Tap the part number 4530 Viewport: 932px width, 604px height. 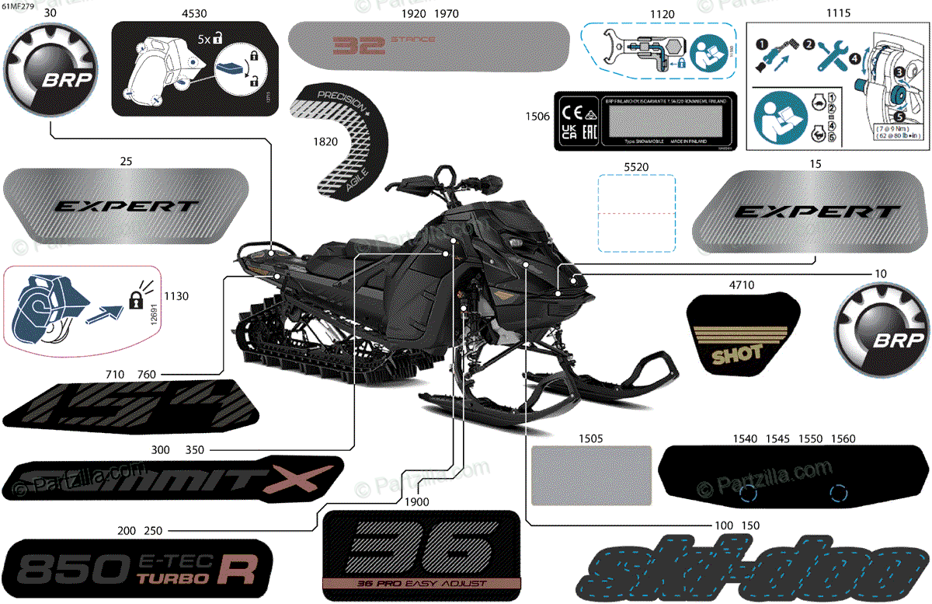point(193,13)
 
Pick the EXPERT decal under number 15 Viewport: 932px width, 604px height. point(815,211)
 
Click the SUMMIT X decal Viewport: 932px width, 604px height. point(172,478)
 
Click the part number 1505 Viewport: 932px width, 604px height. point(590,439)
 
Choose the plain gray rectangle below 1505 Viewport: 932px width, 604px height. point(590,476)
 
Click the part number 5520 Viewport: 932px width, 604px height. point(635,166)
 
